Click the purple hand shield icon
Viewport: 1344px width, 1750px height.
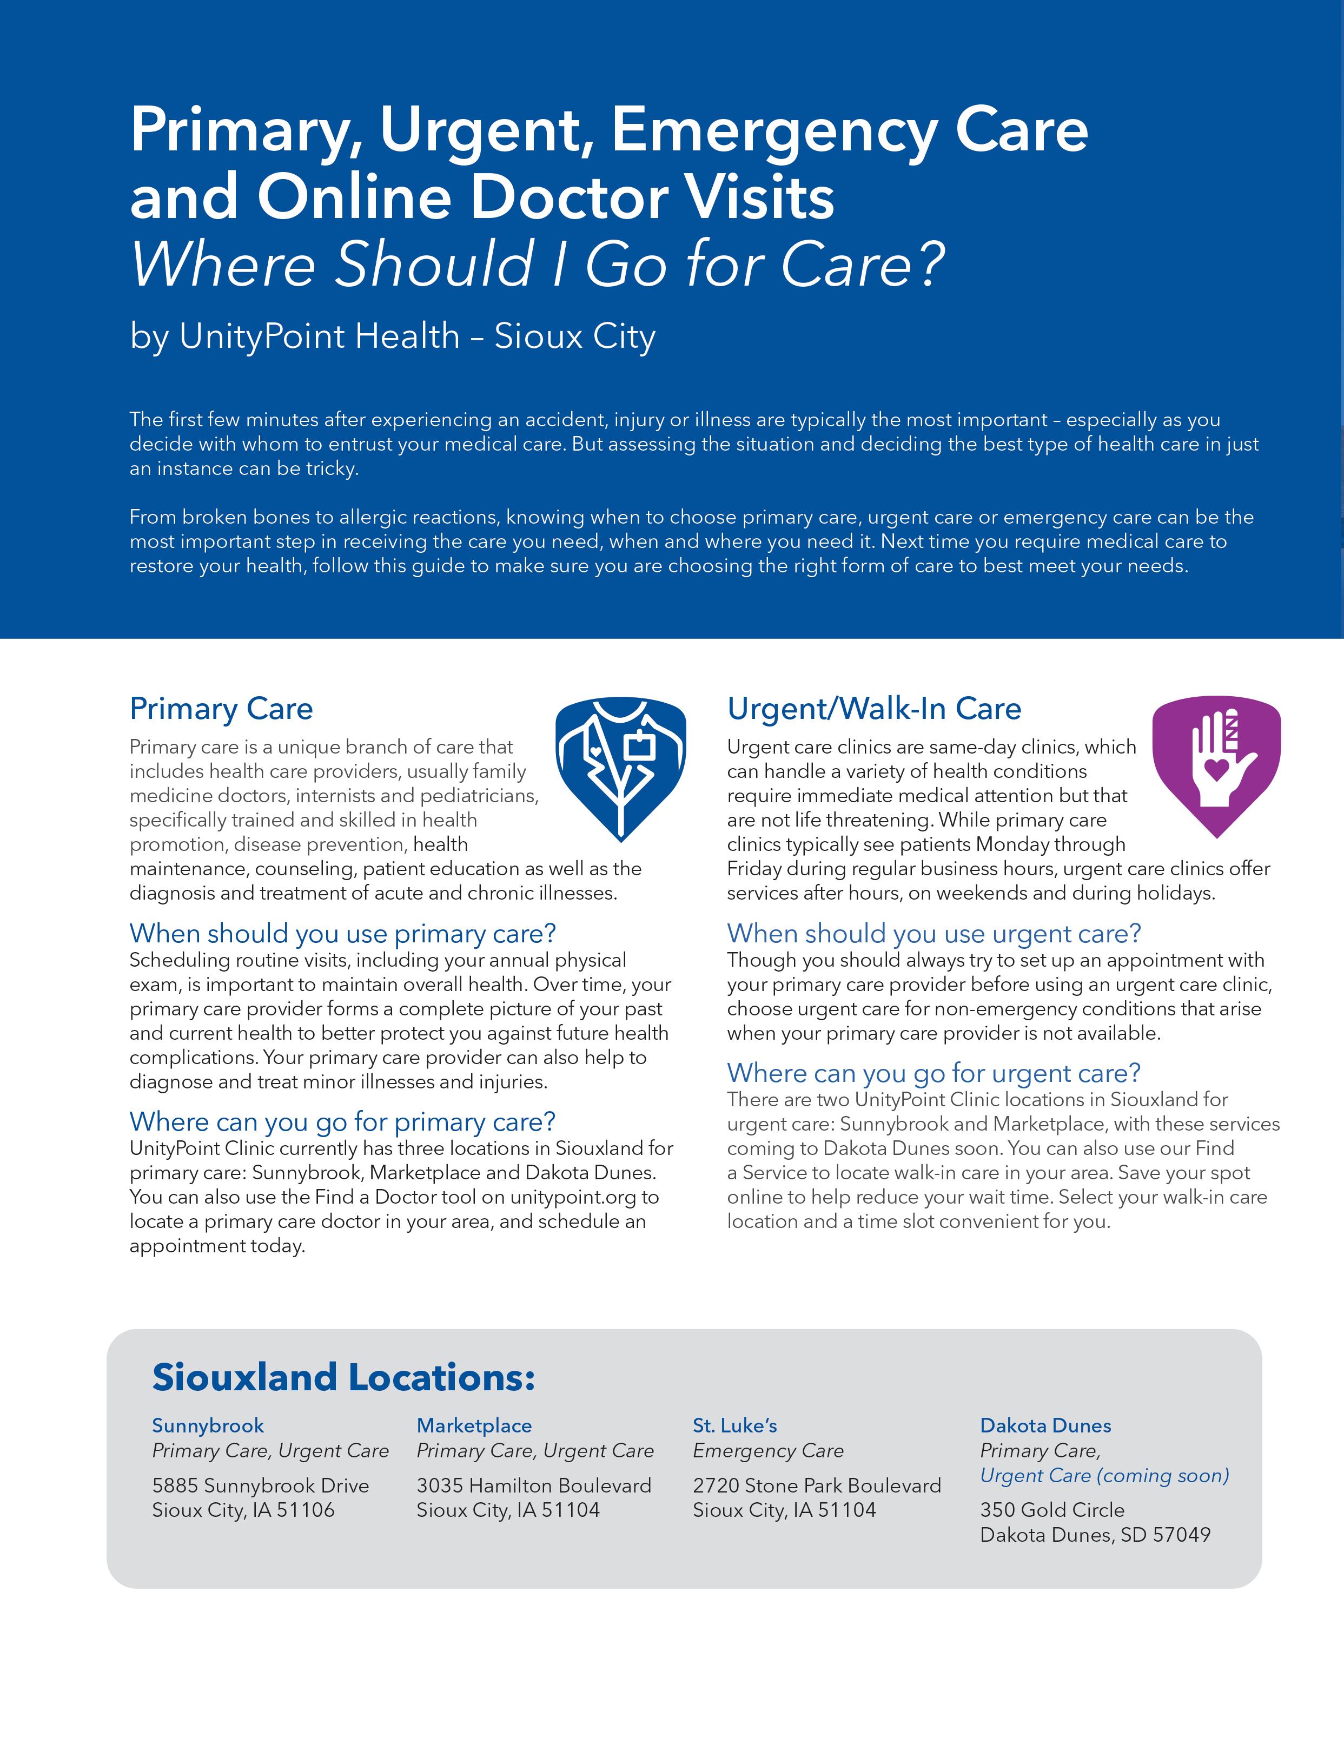coord(1216,764)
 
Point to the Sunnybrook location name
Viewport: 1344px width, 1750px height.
coord(208,1425)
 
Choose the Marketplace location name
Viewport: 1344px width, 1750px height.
coord(474,1425)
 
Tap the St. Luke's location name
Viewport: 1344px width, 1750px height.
coord(734,1425)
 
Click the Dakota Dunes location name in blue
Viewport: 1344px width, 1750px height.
coord(1045,1425)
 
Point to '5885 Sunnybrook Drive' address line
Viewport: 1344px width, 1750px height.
coord(261,1485)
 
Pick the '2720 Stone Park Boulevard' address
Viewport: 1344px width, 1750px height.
coord(816,1485)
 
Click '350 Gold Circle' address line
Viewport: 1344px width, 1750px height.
coord(1052,1510)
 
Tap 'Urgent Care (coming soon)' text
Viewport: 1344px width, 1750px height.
coord(1104,1476)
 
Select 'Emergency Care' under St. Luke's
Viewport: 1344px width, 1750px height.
coord(768,1451)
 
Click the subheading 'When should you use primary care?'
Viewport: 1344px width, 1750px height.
coord(342,934)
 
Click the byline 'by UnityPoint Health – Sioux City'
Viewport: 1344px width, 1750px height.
coord(392,336)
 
